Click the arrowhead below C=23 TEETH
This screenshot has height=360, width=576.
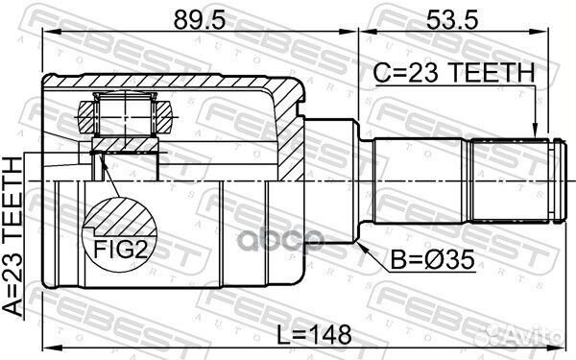click(535, 132)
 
